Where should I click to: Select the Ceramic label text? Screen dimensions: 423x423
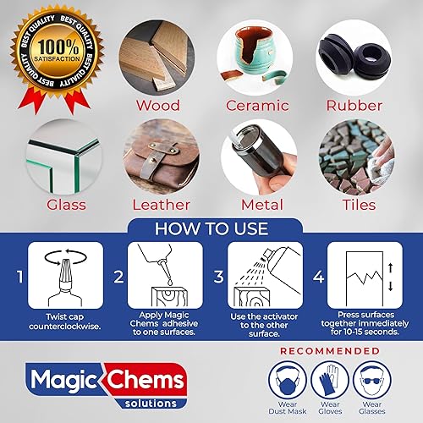pyautogui.click(x=259, y=106)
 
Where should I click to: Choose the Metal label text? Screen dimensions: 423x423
pyautogui.click(x=259, y=205)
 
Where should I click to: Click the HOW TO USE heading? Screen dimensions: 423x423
pyautogui.click(x=211, y=228)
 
